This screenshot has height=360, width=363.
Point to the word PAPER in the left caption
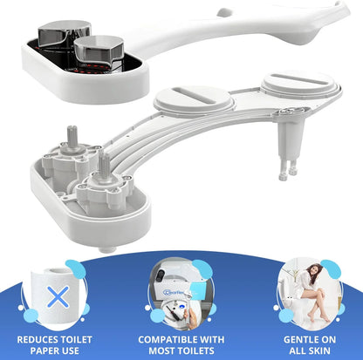(x=37, y=350)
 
